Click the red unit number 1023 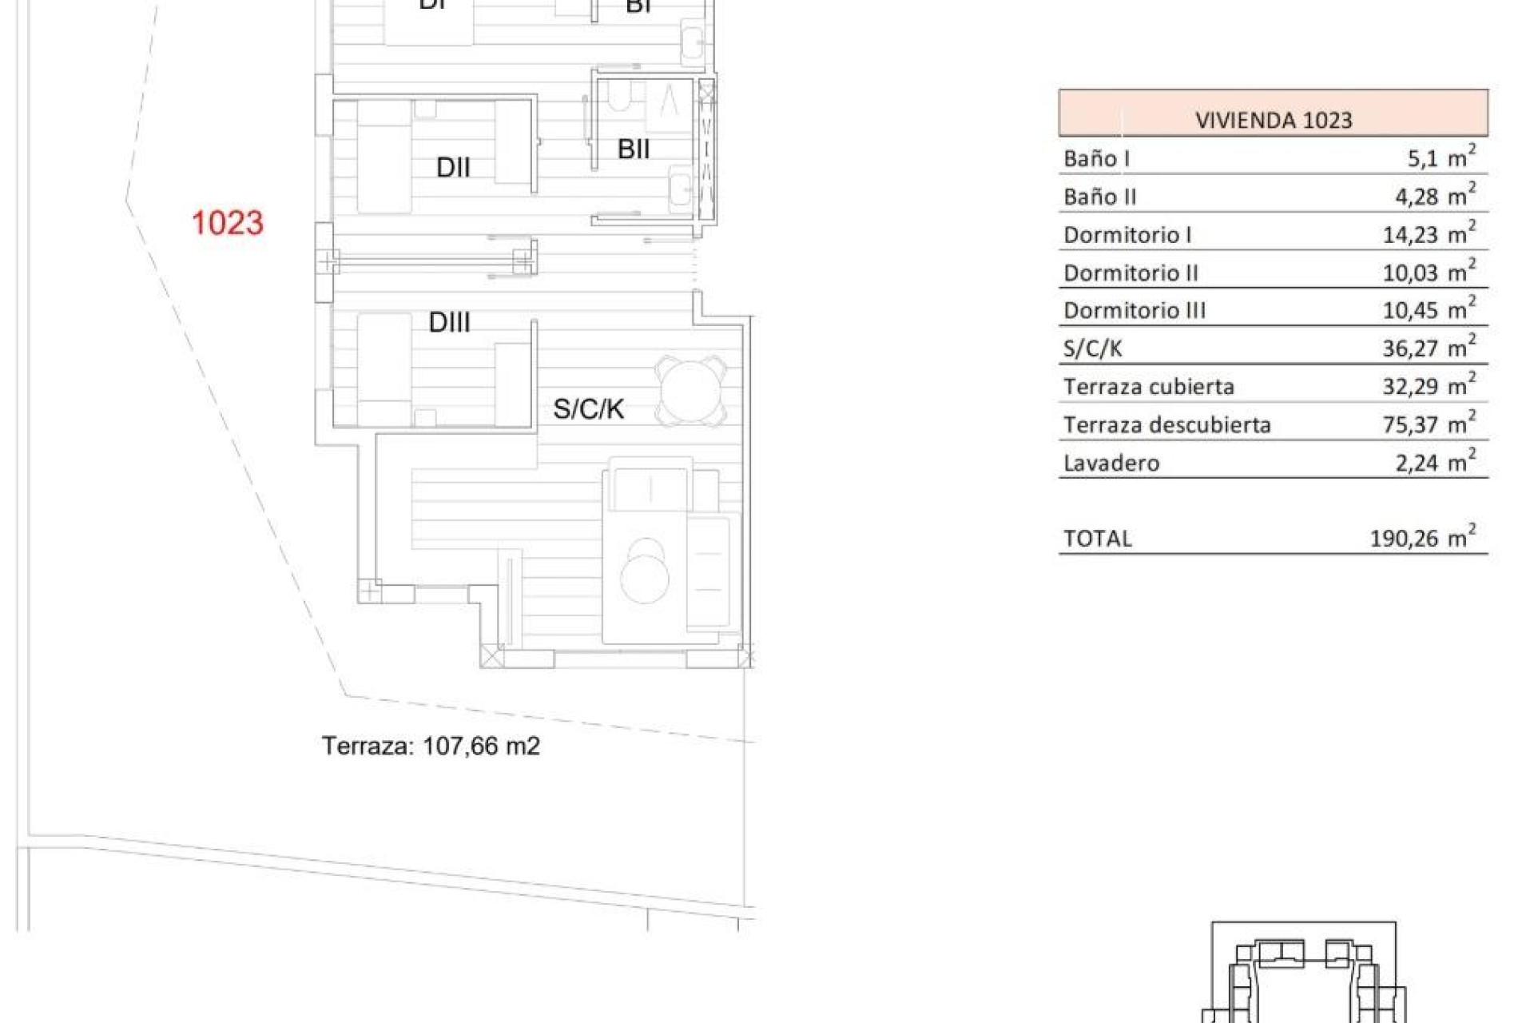[228, 223]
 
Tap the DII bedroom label [453, 168]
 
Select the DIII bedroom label [449, 323]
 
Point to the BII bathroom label [634, 149]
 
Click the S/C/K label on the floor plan [589, 409]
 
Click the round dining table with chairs [691, 392]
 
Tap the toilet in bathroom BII [618, 98]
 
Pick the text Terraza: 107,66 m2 [431, 746]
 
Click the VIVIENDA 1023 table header [1273, 121]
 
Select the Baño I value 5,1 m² [1441, 157]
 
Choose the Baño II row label [1099, 197]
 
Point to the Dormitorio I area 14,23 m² [1429, 234]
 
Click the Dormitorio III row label [1135, 311]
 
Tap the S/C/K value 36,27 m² [1429, 348]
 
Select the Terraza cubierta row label [1149, 387]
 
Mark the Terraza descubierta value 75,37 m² [1429, 424]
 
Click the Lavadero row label [1111, 463]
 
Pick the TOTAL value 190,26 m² [1422, 538]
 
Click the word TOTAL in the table [1098, 539]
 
